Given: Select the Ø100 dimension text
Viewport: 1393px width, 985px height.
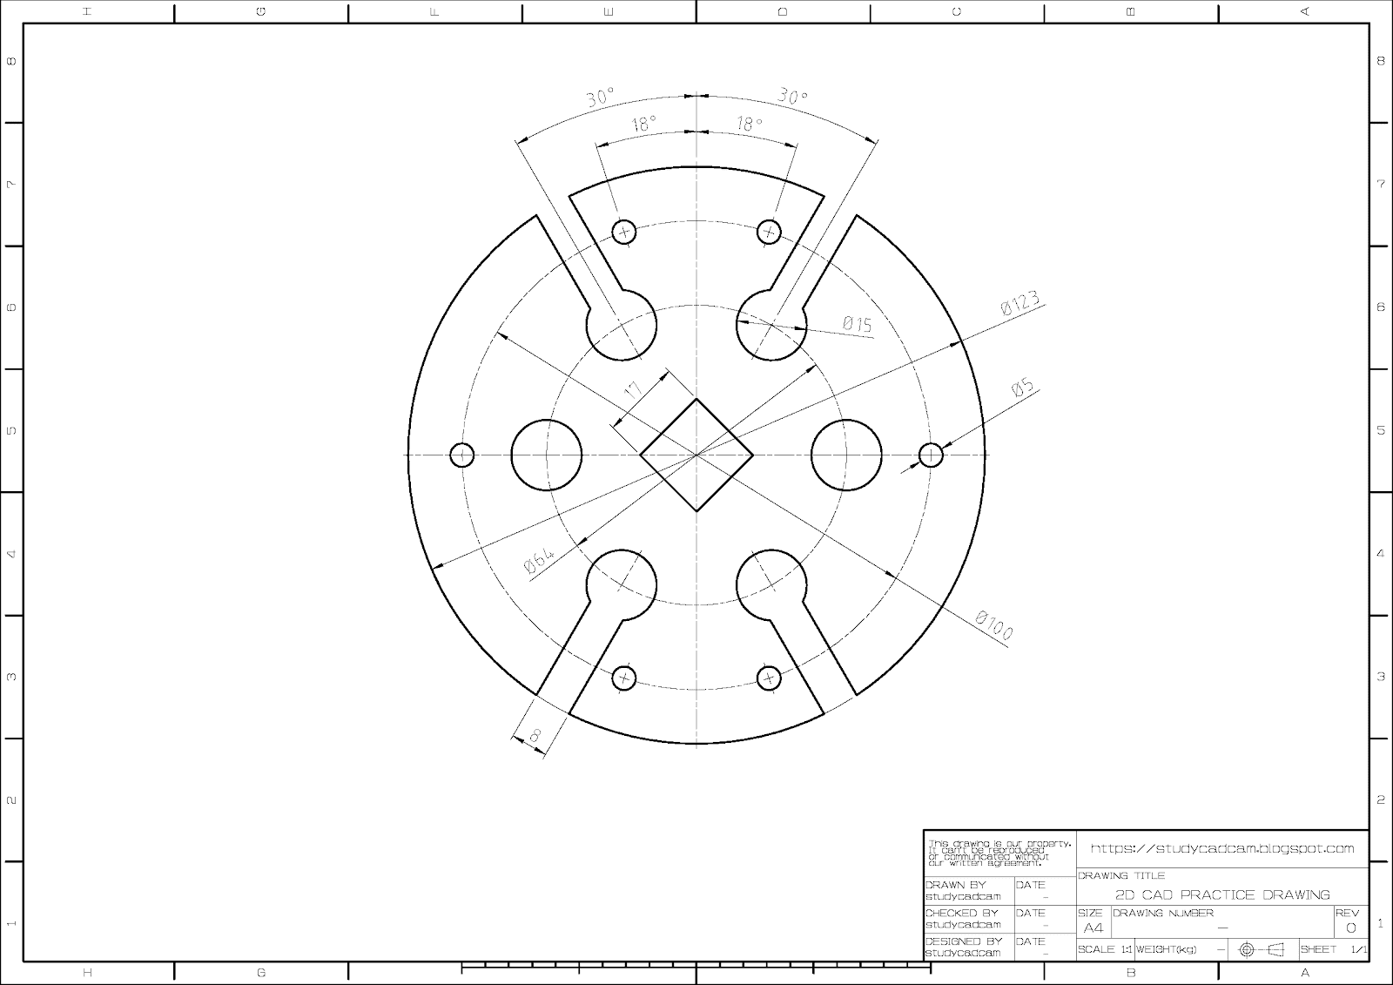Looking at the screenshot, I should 993,626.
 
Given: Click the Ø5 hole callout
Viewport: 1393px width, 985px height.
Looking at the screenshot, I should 1023,388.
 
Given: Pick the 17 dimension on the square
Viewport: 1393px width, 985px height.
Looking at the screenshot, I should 635,391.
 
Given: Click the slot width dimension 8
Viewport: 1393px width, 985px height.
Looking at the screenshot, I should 535,736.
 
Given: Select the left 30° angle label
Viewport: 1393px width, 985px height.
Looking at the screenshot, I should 600,97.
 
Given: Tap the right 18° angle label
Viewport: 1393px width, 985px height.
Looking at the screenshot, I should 749,125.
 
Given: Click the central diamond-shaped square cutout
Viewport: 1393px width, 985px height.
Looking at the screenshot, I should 696,455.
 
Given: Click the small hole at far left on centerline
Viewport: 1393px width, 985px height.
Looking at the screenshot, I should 462,455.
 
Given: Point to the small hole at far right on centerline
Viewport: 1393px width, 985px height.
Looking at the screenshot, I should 931,455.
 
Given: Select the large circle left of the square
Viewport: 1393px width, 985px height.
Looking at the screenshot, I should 546,455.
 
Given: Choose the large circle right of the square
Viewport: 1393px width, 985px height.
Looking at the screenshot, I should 846,455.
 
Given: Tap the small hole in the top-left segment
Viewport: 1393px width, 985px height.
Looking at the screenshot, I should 624,232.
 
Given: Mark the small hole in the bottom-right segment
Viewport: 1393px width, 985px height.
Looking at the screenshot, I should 769,678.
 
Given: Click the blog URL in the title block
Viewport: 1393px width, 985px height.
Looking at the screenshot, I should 1222,848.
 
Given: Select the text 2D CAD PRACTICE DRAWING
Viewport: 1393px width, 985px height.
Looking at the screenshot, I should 1222,894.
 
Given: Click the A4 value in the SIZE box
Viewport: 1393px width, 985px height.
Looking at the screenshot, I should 1093,928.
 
